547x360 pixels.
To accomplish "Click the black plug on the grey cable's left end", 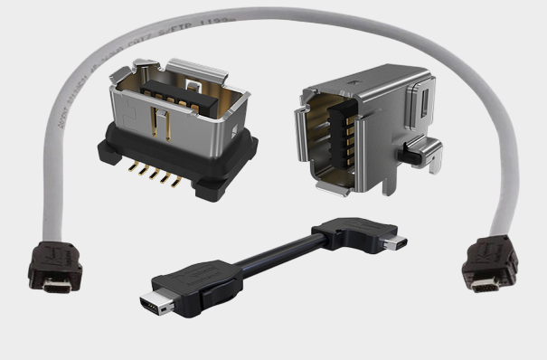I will coord(55,262).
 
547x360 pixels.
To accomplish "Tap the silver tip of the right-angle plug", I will coord(396,242).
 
